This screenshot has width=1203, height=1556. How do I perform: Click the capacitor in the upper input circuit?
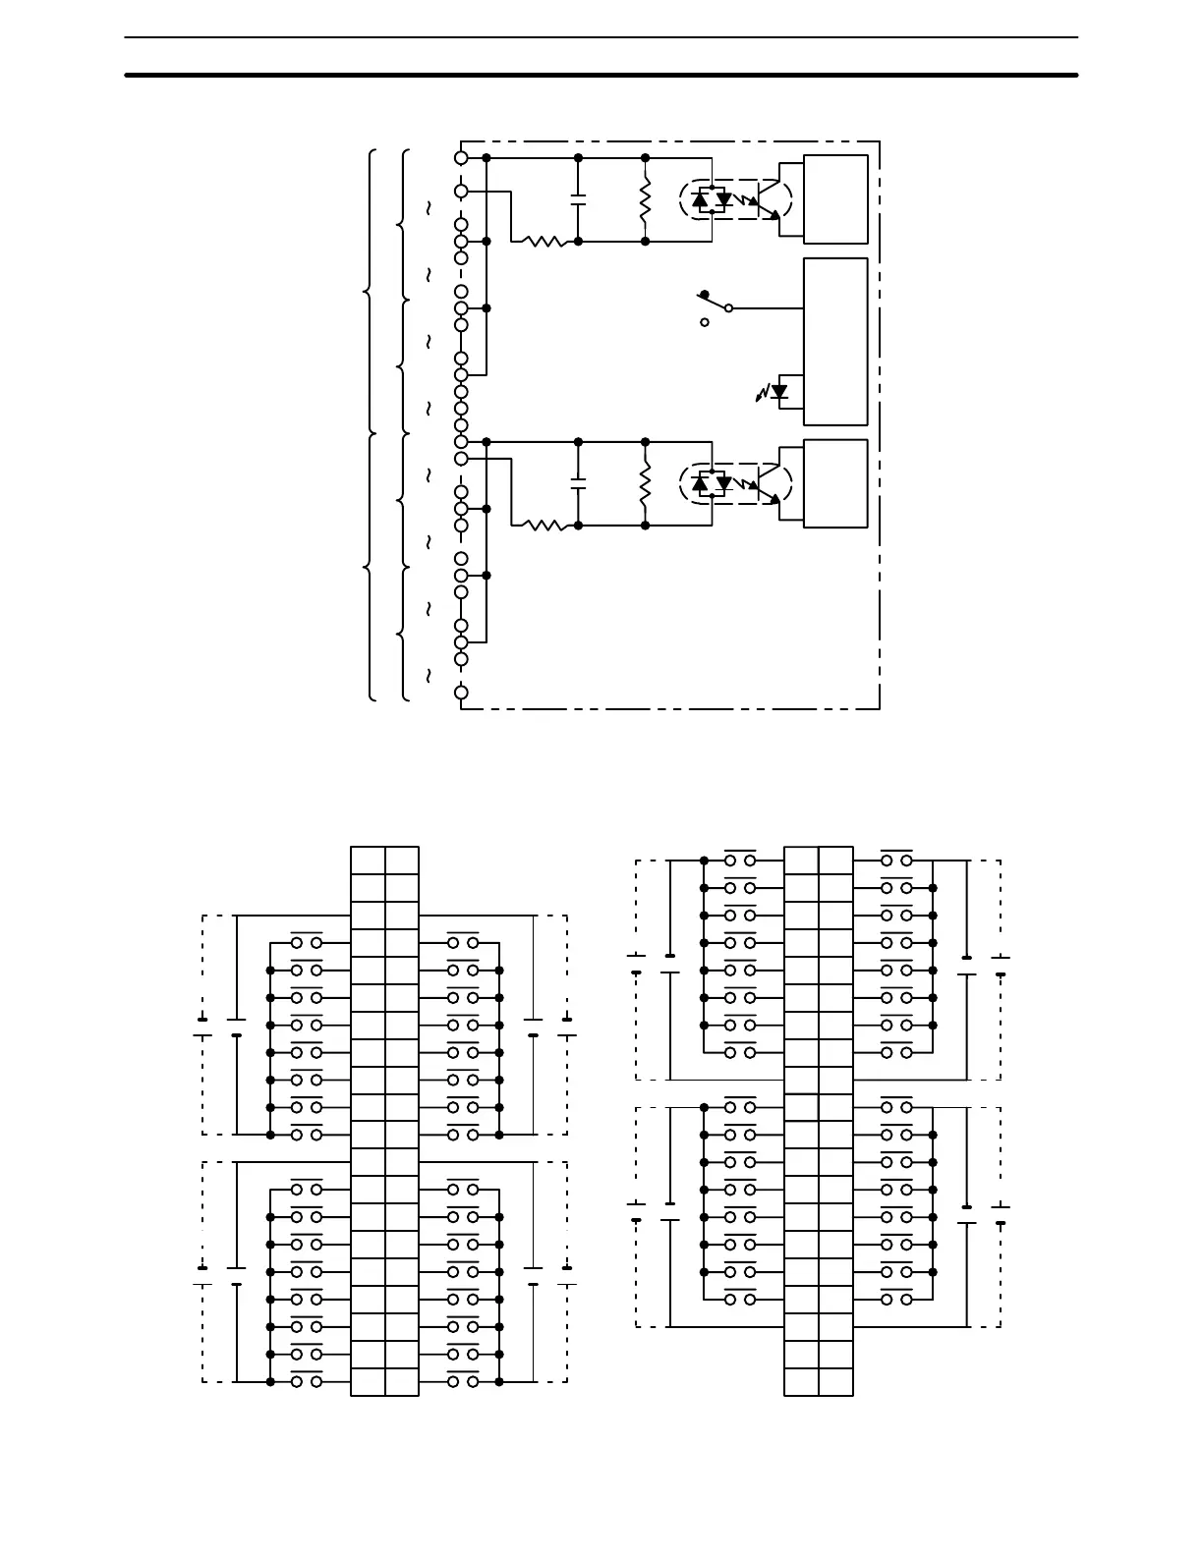coord(578,198)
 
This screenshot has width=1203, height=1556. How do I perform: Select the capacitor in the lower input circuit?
coord(578,482)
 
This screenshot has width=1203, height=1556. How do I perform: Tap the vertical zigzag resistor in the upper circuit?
coord(646,199)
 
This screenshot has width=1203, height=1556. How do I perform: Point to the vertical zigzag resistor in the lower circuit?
coord(646,483)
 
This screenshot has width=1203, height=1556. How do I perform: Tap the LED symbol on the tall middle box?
coord(779,392)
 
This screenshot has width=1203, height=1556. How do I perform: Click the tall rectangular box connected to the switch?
coord(835,341)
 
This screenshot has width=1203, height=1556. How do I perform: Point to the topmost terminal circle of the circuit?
coord(461,157)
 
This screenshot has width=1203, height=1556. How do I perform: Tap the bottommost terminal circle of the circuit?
coord(461,693)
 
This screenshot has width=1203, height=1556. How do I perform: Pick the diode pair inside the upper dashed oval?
coord(713,199)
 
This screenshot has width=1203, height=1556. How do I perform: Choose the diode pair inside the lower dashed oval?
coord(713,483)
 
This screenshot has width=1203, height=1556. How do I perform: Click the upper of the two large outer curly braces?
coord(370,292)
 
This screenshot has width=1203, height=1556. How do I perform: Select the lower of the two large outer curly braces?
coord(370,567)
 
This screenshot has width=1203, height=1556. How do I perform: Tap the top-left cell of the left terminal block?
coord(368,860)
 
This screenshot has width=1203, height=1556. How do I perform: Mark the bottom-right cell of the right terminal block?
coord(835,1381)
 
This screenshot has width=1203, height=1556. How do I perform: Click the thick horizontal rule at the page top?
coord(601,75)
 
